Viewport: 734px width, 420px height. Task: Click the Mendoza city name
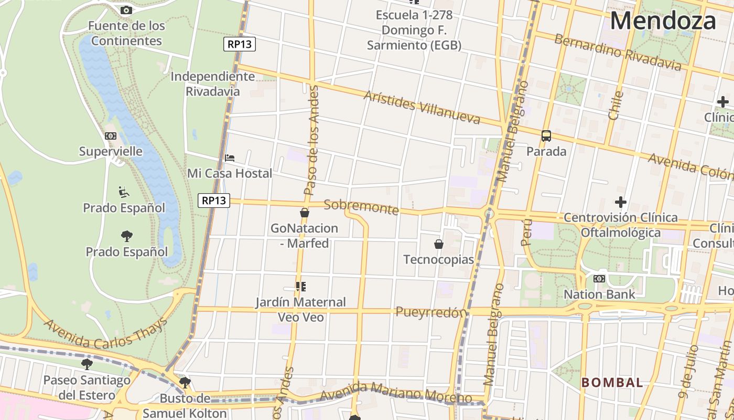pos(663,21)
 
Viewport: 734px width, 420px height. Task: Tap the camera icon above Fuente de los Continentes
pos(126,10)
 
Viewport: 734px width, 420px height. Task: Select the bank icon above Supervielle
pos(110,136)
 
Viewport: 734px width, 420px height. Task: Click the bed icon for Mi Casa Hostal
pos(230,157)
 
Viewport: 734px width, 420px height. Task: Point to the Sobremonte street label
pos(361,207)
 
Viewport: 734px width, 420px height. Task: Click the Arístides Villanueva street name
pos(422,107)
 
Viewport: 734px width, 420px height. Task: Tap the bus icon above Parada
pos(546,136)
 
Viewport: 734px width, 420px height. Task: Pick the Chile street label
pos(616,106)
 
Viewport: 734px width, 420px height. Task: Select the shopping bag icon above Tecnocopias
pos(439,244)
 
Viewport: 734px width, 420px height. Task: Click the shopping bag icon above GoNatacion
pos(304,213)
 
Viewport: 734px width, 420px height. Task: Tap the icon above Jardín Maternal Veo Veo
pos(301,287)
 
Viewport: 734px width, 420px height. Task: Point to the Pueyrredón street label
pos(431,312)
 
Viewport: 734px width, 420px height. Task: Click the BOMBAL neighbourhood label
pos(612,383)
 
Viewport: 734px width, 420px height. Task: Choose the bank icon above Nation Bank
pos(599,279)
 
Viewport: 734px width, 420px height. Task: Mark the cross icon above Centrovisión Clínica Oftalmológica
pos(621,202)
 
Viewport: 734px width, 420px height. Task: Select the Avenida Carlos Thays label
pos(105,334)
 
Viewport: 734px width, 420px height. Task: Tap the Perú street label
pos(527,233)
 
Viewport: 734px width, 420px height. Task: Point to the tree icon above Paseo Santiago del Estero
pos(87,364)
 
